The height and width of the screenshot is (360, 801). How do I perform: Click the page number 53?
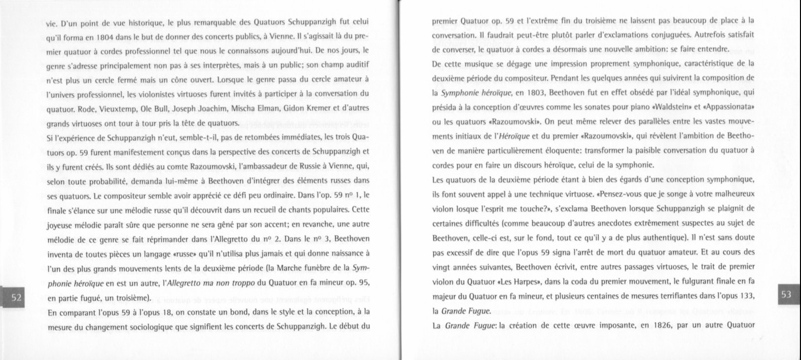(786, 294)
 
